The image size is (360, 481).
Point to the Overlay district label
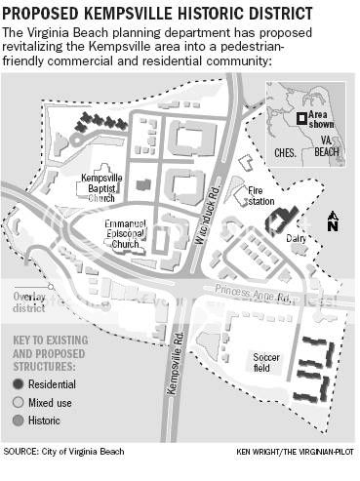[x=29, y=302]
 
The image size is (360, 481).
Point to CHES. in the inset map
[x=284, y=151]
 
